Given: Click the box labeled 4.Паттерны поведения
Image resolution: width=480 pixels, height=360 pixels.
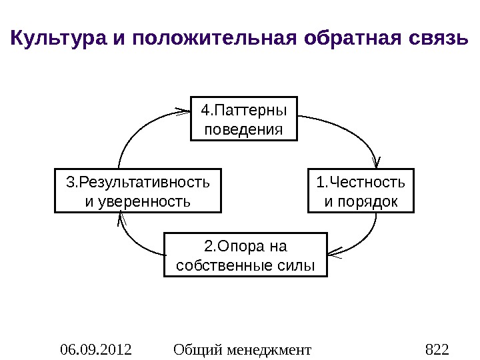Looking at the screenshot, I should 243,118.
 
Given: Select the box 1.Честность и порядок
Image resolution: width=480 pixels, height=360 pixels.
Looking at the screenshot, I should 361,191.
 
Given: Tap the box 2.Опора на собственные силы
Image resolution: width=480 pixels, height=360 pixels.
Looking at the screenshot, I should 246,255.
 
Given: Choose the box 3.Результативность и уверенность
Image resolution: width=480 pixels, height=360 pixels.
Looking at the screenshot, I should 137,191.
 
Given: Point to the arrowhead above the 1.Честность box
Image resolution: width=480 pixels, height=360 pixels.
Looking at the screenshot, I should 378,163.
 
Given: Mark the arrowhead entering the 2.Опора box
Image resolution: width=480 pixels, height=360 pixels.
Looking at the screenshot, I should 335,252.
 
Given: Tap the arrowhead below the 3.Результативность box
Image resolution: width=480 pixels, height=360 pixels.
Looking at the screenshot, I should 120,218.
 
